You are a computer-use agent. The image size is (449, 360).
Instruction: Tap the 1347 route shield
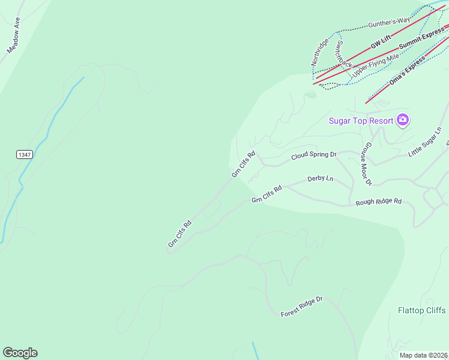[23, 155]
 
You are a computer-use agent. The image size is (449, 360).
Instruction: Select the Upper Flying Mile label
[375, 65]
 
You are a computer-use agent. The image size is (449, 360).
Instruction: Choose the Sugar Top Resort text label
[361, 121]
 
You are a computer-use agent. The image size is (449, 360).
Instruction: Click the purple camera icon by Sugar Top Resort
[403, 120]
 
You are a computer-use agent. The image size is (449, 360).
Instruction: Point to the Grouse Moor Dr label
[367, 164]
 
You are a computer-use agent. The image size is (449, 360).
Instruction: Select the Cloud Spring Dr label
[314, 155]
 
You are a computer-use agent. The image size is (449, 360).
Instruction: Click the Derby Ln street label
[320, 179]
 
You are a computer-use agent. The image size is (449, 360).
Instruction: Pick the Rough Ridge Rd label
[378, 202]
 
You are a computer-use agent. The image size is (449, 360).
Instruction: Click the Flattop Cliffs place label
[421, 310]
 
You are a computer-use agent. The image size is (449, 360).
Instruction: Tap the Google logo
[20, 353]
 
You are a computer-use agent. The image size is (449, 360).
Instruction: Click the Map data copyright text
[424, 355]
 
